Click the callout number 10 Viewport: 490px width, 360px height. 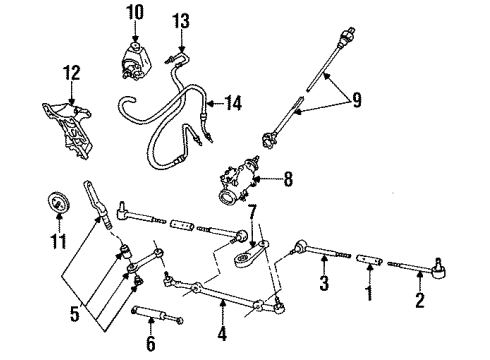[135, 12]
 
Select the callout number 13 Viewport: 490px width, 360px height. [180, 22]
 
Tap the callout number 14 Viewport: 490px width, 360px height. [234, 102]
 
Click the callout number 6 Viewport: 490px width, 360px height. [150, 343]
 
